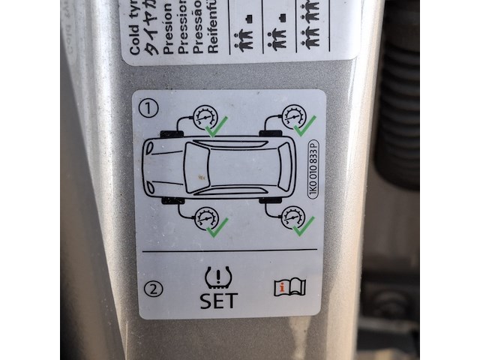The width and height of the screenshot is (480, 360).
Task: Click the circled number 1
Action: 152,109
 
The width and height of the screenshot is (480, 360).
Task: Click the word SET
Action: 218,300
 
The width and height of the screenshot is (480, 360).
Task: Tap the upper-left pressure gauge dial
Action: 202,118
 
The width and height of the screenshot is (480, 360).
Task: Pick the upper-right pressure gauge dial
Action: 293,117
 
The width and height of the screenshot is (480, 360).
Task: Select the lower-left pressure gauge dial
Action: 204,219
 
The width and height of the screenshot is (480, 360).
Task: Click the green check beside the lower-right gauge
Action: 303,224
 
